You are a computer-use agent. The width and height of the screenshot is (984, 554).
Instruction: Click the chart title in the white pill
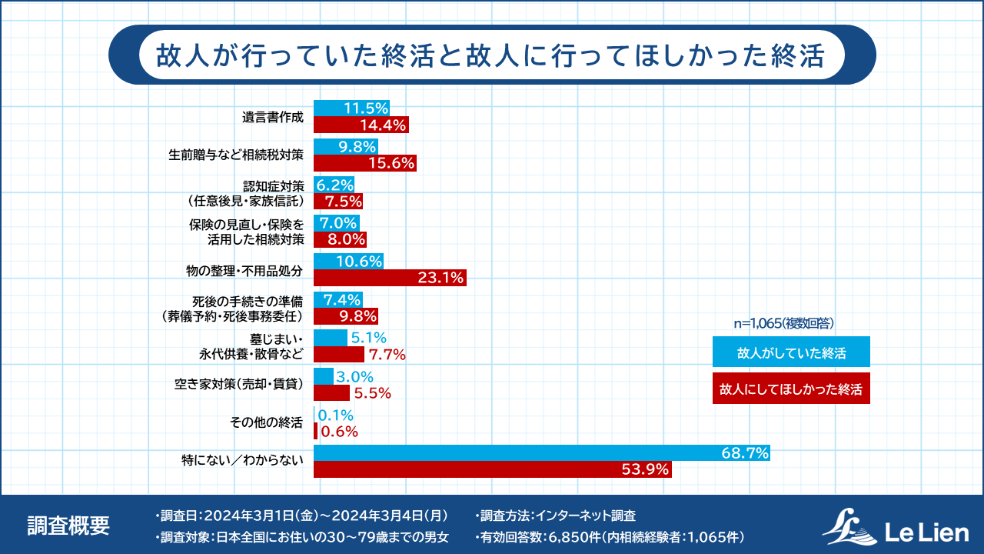pyautogui.click(x=491, y=55)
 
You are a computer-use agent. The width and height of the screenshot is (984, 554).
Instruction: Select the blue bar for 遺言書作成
pyautogui.click(x=351, y=108)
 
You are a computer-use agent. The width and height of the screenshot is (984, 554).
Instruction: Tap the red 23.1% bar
pyautogui.click(x=390, y=278)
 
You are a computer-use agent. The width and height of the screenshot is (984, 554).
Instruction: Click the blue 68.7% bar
pyautogui.click(x=542, y=454)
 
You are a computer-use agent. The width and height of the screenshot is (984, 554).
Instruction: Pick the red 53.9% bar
pyautogui.click(x=493, y=469)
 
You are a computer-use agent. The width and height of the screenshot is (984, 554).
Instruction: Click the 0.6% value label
pyautogui.click(x=340, y=432)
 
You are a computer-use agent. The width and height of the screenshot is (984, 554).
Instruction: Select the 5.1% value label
pyautogui.click(x=368, y=339)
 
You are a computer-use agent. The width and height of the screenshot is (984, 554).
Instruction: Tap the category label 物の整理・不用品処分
pyautogui.click(x=247, y=271)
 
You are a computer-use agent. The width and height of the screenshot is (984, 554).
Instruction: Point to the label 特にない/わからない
pyautogui.click(x=243, y=460)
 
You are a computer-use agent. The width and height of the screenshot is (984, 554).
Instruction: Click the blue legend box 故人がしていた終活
pyautogui.click(x=791, y=352)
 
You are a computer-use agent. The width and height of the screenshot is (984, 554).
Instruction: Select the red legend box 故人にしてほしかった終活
pyautogui.click(x=791, y=389)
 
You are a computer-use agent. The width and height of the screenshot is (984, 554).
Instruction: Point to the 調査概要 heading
pyautogui.click(x=68, y=525)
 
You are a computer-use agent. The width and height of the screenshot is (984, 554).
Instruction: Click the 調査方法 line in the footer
pyautogui.click(x=557, y=516)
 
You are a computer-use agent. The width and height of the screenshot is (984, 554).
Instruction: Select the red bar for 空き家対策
pyautogui.click(x=331, y=393)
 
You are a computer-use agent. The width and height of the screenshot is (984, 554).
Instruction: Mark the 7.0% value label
pyautogui.click(x=339, y=223)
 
